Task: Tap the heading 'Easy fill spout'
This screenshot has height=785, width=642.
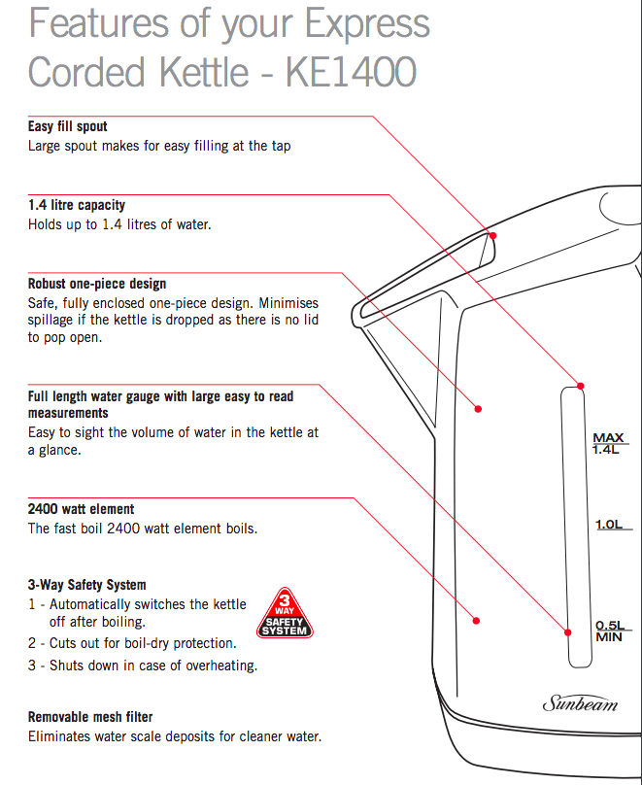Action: point(68,126)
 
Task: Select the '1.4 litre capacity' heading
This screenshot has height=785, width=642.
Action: point(77,205)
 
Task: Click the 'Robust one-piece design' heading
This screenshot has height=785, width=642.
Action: point(97,284)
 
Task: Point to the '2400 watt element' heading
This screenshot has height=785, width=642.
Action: point(82,509)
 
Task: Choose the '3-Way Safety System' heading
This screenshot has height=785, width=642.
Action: point(87,585)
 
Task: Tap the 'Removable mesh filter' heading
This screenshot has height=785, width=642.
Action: point(90,717)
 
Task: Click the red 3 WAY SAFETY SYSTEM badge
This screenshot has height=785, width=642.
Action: point(285,613)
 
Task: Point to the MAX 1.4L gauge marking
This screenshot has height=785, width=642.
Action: point(608,444)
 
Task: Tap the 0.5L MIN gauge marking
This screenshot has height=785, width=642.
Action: point(608,631)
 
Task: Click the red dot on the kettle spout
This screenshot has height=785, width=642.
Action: point(492,235)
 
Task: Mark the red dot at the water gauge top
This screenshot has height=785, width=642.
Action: point(582,387)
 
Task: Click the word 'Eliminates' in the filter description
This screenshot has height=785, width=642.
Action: point(59,736)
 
